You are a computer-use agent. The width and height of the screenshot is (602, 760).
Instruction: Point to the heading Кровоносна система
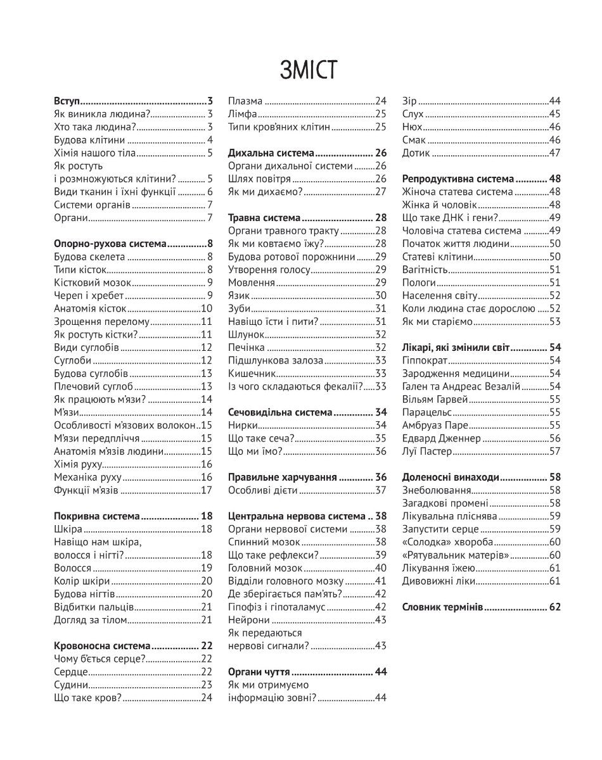click(102, 645)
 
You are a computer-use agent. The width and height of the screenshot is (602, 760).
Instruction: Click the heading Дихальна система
click(271, 153)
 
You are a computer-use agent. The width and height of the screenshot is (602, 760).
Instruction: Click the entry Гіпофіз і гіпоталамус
click(276, 606)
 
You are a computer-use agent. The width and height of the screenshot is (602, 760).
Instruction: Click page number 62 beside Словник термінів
click(555, 607)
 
